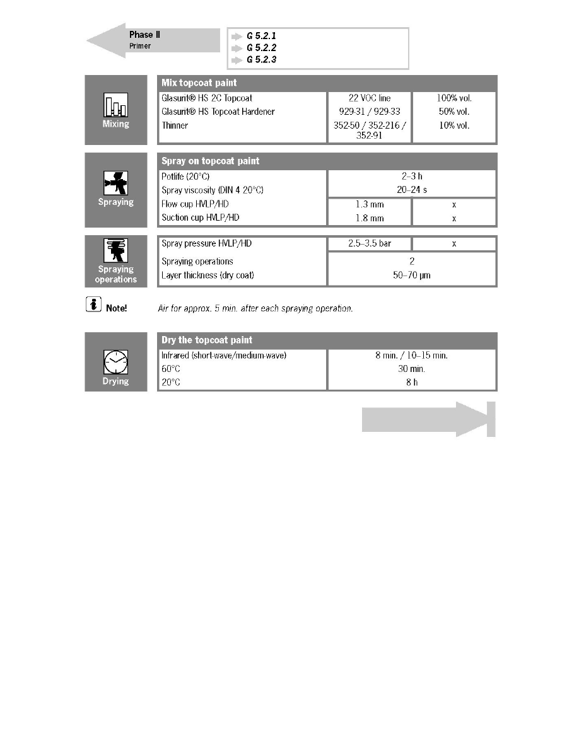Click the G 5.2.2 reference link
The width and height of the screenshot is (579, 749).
click(x=261, y=48)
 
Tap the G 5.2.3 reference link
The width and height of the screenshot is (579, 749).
click(x=261, y=60)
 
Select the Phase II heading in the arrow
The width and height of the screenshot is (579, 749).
click(x=144, y=35)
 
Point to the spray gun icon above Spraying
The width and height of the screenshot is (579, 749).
click(x=115, y=183)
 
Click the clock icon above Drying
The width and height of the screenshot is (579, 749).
click(x=115, y=363)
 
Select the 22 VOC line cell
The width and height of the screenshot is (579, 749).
click(x=370, y=98)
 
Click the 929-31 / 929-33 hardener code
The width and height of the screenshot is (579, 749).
click(x=370, y=112)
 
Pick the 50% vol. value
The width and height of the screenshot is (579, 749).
click(x=454, y=112)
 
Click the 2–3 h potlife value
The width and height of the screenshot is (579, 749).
click(x=412, y=177)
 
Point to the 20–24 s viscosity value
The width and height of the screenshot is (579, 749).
click(x=412, y=190)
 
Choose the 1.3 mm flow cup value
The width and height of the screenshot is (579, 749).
click(x=370, y=205)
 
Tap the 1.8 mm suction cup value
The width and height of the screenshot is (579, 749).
click(x=370, y=218)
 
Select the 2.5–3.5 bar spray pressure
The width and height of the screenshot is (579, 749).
click(x=370, y=243)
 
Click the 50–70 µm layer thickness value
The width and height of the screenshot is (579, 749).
click(x=412, y=275)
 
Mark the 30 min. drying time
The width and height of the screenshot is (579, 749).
click(x=412, y=369)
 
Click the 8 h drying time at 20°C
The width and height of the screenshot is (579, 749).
click(x=412, y=382)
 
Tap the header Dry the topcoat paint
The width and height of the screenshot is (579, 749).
click(x=207, y=340)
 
